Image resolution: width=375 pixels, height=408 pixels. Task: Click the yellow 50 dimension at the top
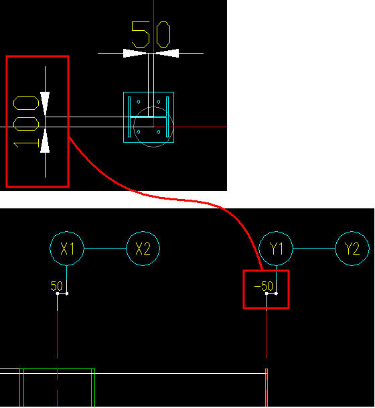[151, 35]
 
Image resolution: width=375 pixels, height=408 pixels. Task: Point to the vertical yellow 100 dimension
[26, 122]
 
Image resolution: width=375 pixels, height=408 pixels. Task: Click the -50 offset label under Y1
[263, 286]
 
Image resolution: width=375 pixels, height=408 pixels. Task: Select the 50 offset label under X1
[57, 286]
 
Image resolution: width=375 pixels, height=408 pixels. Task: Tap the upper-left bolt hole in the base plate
[139, 102]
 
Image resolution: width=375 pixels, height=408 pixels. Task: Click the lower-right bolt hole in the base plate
[159, 132]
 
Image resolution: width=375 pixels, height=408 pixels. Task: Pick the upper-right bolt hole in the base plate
[159, 102]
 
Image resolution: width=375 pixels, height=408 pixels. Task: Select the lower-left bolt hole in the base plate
[139, 132]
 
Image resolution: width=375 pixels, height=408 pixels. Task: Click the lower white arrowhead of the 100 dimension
[45, 141]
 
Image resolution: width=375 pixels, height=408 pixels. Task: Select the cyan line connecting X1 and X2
[105, 249]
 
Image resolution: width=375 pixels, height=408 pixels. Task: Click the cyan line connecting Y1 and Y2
[314, 249]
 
